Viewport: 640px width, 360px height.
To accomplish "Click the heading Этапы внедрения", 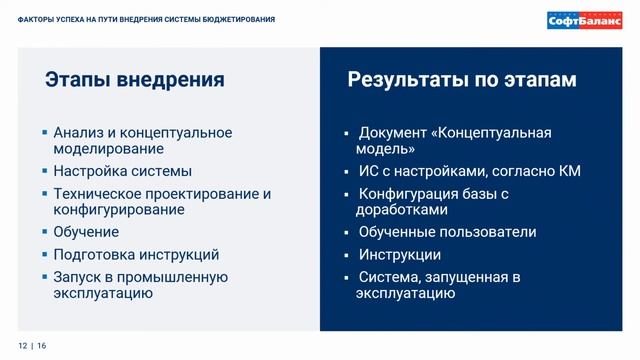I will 134,80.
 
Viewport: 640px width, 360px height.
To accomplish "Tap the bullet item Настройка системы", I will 122,171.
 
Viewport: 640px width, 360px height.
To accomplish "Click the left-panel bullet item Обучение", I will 86,232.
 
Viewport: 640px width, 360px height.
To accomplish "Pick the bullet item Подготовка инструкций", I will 136,255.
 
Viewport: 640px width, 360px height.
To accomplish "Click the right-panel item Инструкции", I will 399,255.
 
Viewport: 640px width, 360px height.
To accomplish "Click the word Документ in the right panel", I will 394,133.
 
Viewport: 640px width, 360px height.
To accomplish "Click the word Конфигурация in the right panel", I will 410,194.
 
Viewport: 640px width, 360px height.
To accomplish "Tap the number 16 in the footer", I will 42,345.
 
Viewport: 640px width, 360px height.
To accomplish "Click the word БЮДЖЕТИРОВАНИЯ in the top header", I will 237,20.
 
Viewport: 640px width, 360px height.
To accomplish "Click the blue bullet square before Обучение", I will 44,232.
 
